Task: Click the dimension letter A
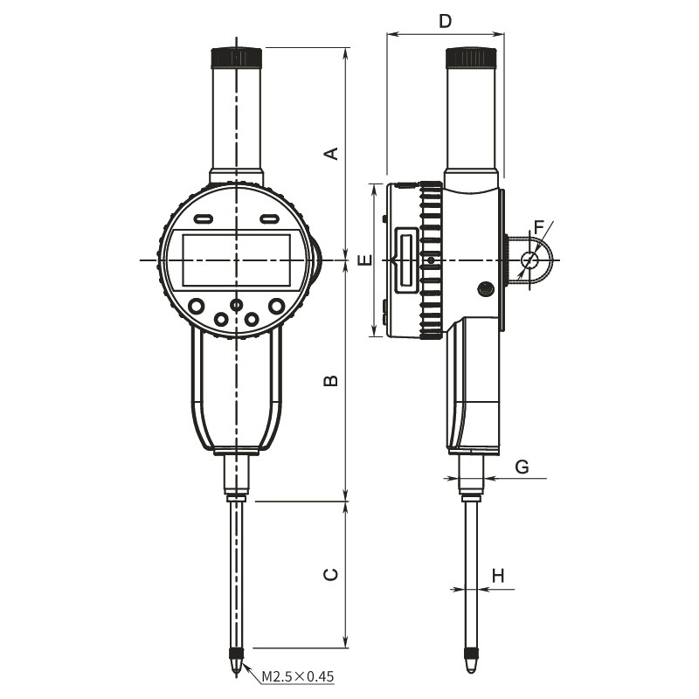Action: pos(331,153)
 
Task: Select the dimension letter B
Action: pos(331,380)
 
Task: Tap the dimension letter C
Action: pos(331,575)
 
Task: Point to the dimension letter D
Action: pos(445,20)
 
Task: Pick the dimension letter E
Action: pos(365,260)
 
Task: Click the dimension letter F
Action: pos(539,228)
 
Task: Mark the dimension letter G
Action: pos(522,467)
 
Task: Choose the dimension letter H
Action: pos(498,576)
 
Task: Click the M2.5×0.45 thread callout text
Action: pos(297,676)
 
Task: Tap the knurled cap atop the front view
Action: pos(236,57)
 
